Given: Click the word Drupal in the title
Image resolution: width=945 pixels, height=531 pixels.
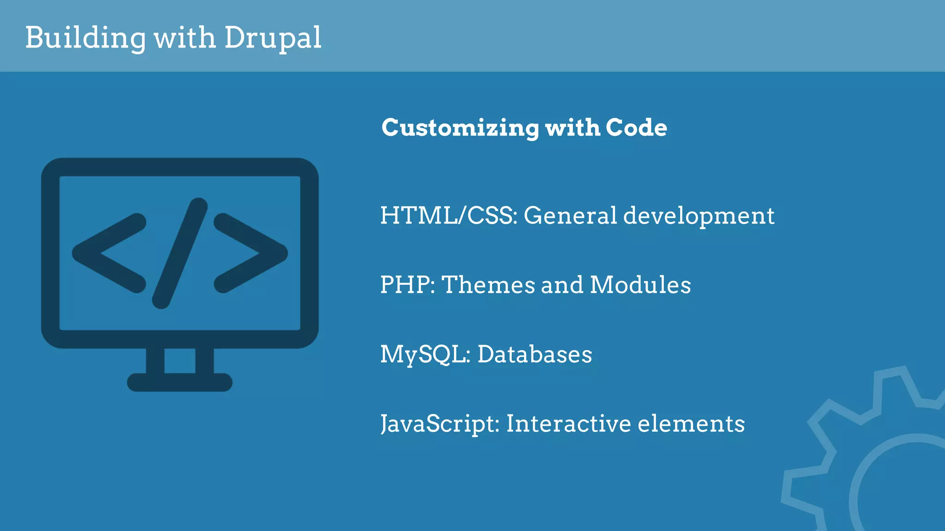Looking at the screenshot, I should click(x=272, y=38).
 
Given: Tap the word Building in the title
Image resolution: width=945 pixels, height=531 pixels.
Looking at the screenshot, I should click(x=85, y=38).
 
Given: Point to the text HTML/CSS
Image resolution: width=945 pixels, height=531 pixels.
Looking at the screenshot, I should click(x=448, y=215).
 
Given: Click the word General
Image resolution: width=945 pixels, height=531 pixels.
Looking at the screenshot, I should click(x=570, y=215).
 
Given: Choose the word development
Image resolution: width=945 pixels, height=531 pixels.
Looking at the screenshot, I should click(x=699, y=216).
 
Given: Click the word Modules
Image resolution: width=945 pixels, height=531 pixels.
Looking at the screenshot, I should click(x=640, y=285).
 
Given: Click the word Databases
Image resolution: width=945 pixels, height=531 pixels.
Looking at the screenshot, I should click(x=534, y=354).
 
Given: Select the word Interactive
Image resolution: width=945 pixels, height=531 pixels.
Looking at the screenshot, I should click(x=568, y=424).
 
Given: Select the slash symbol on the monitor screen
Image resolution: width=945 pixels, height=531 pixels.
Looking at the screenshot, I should click(x=180, y=253).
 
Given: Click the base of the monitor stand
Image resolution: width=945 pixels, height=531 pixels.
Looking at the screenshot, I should click(x=179, y=382).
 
